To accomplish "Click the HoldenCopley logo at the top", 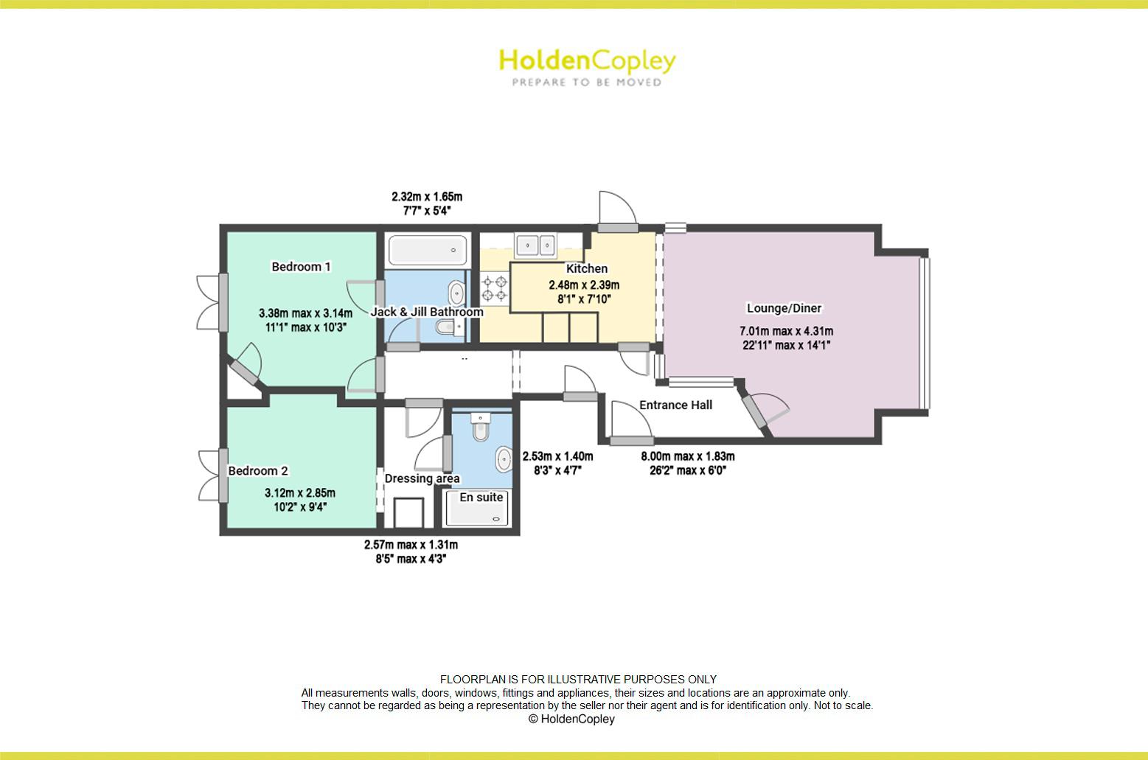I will (x=586, y=66).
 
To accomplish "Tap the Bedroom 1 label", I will (x=301, y=267).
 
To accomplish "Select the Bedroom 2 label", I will (x=258, y=471).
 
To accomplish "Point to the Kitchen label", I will (x=586, y=269).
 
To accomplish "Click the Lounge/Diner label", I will (x=784, y=308).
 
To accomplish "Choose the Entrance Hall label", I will (x=675, y=405).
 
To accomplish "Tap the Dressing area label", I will (x=422, y=478).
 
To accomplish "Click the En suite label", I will (x=481, y=498).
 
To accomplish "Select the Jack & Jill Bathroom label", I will (x=427, y=312).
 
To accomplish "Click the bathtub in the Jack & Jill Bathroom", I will (x=428, y=251).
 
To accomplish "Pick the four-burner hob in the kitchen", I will (x=495, y=288).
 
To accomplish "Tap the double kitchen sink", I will (x=536, y=244).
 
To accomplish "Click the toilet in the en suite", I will (x=481, y=427).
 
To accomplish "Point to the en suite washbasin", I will (x=504, y=459).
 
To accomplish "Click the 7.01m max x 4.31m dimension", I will (x=786, y=332).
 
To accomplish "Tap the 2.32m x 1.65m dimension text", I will (x=427, y=197).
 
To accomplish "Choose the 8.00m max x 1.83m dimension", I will (x=687, y=456).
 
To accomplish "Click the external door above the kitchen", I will (x=616, y=212).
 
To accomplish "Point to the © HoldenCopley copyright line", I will (x=571, y=719).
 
